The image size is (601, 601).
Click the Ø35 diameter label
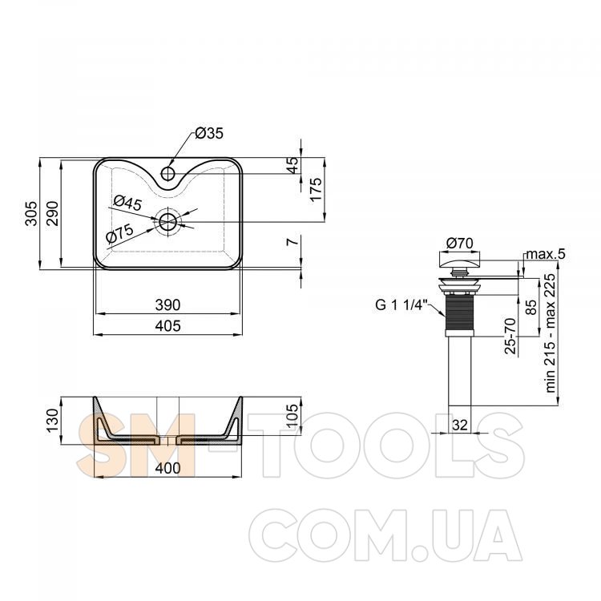(x=209, y=133)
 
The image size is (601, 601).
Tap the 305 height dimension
(x=32, y=213)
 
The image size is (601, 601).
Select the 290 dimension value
(x=53, y=213)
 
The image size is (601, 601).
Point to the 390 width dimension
(x=168, y=305)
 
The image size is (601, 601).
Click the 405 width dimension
(x=168, y=326)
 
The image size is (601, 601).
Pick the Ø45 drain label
(x=127, y=203)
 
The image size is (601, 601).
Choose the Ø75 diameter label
(x=119, y=233)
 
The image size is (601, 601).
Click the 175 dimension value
(x=317, y=189)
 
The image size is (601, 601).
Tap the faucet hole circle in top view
(x=168, y=173)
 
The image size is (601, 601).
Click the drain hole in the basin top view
(x=168, y=221)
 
